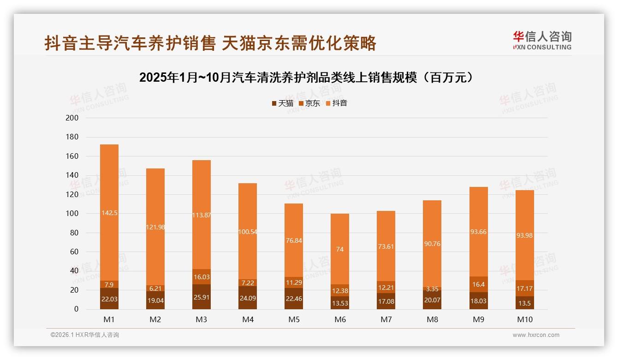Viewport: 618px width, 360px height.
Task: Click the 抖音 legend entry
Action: (x=336, y=103)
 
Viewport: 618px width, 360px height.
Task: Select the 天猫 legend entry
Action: (x=282, y=103)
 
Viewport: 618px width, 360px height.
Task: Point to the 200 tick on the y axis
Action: (x=72, y=118)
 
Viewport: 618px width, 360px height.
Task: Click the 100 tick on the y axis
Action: (x=72, y=214)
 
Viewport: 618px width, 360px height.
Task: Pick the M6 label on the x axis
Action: (x=340, y=319)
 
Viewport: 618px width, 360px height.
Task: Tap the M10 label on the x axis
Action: (x=524, y=319)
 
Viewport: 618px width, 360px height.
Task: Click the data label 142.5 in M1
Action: (x=109, y=213)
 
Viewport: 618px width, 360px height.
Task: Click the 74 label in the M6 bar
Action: (x=340, y=250)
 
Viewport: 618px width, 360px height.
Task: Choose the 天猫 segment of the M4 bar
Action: (x=248, y=298)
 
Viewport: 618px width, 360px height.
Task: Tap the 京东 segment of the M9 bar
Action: (x=478, y=284)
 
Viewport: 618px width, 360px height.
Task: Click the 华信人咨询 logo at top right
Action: (x=542, y=40)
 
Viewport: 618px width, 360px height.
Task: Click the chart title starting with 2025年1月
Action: (x=307, y=78)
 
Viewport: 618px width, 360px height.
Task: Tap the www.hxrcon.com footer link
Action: (x=536, y=335)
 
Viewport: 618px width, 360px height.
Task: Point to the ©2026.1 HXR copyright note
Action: (x=85, y=335)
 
